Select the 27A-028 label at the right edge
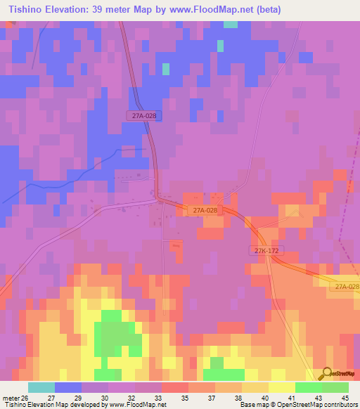[347, 287]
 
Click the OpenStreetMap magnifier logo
[326, 374]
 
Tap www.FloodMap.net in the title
[231, 10]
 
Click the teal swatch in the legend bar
[41, 387]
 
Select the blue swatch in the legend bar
[67, 387]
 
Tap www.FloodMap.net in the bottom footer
[136, 405]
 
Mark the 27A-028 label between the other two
[204, 210]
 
